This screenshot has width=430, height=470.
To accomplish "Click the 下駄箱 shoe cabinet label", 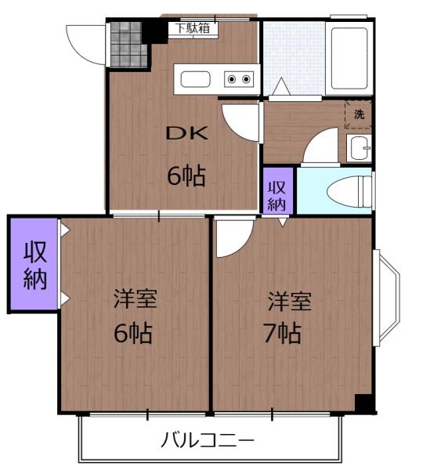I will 192,28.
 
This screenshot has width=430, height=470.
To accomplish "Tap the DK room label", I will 186,132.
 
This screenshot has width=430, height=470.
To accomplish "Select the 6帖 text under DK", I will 186,176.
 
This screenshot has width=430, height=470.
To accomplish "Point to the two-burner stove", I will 238,78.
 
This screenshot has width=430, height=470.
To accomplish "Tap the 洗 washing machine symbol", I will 359,114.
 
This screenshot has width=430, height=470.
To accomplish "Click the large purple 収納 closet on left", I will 33,265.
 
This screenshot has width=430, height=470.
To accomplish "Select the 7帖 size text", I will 282,334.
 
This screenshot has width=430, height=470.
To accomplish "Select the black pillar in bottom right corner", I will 364,403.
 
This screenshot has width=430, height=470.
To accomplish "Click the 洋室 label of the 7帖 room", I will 290,300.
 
